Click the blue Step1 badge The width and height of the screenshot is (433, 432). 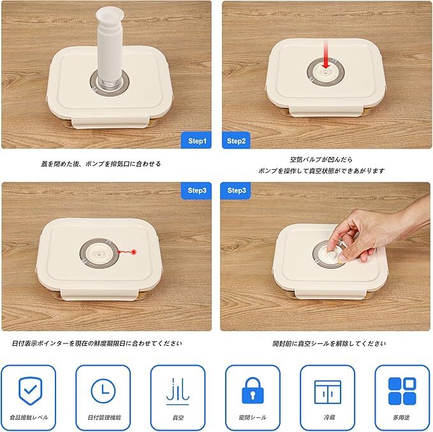(196, 140)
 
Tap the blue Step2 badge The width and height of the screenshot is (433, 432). (236, 140)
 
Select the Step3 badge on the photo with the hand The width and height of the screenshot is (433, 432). (236, 190)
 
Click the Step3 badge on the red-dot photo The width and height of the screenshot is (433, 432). (196, 190)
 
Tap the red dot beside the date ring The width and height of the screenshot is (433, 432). (134, 252)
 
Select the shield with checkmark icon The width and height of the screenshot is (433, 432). (31, 391)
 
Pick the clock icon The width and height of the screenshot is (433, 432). (103, 391)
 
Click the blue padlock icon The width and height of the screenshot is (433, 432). (253, 391)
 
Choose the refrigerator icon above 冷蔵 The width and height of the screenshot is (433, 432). (328, 392)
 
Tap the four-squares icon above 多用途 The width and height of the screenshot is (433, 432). (402, 391)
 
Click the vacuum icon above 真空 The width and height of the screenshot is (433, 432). (178, 391)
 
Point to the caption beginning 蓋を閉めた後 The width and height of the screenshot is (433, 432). (101, 163)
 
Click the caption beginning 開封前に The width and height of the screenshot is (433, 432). (329, 343)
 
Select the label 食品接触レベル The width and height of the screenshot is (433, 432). (29, 417)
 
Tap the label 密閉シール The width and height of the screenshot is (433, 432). (253, 417)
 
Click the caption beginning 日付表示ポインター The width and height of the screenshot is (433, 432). (97, 343)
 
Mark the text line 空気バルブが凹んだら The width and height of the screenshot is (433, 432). (321, 160)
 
